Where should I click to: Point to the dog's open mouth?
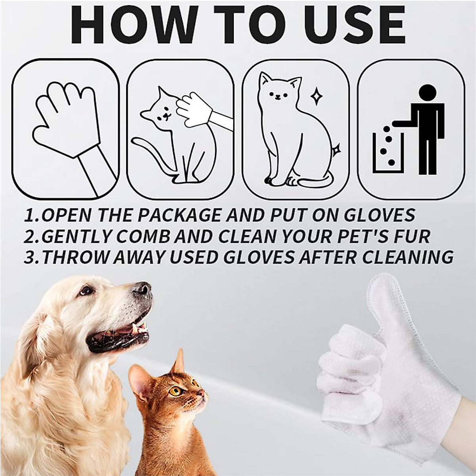119,333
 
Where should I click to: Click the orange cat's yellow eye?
175,391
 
